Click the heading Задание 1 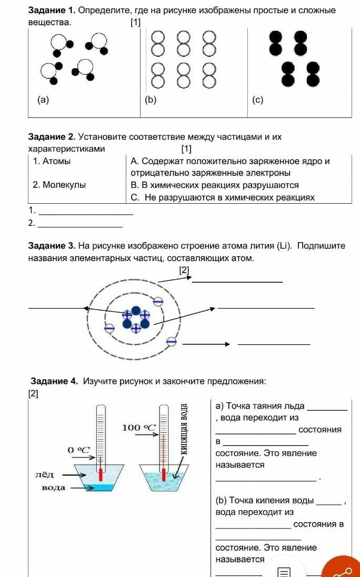pyautogui.click(x=52, y=11)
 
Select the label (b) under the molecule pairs pyautogui.click(x=151, y=99)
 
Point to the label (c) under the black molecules pyautogui.click(x=257, y=100)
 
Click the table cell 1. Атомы pyautogui.click(x=52, y=162)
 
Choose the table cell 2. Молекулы pyautogui.click(x=59, y=185)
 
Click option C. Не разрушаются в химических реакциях pyautogui.click(x=223, y=198)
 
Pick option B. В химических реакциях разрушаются pyautogui.click(x=215, y=185)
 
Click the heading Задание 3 pyautogui.click(x=52, y=246)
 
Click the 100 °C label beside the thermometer pyautogui.click(x=139, y=427)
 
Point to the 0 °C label pyautogui.click(x=79, y=450)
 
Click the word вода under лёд pyautogui.click(x=54, y=488)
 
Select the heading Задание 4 pyautogui.click(x=55, y=381)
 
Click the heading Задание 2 pyautogui.click(x=52, y=137)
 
